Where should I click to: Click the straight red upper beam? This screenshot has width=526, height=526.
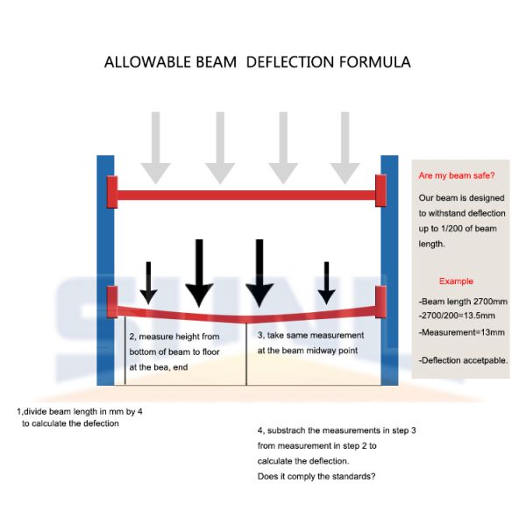tap(245, 191)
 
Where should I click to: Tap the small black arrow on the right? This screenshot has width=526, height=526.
tap(327, 282)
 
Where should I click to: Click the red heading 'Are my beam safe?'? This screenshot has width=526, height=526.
tap(454, 175)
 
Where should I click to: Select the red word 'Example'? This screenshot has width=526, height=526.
tap(456, 281)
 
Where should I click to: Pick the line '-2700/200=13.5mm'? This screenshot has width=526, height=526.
tap(458, 317)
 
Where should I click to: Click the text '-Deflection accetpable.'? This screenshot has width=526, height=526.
tap(463, 359)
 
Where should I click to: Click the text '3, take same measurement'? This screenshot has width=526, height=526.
tap(310, 336)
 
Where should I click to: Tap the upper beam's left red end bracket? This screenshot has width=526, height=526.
tap(111, 190)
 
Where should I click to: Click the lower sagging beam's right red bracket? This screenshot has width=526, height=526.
tap(380, 302)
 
